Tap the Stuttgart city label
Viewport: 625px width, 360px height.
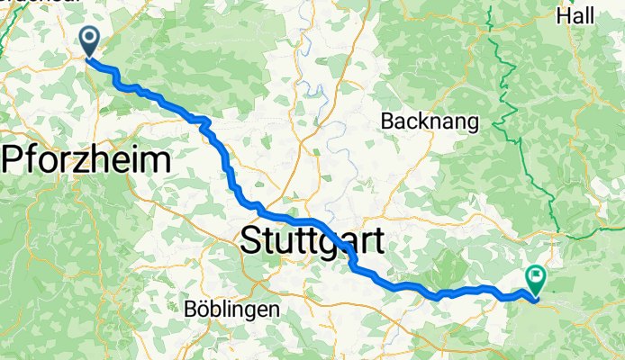(312, 241)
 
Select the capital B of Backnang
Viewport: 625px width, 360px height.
(389, 121)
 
